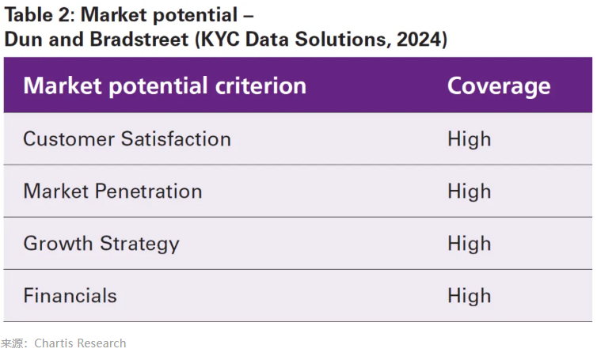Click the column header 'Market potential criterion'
[165, 85]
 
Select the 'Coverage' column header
[499, 86]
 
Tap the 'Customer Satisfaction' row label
[127, 138]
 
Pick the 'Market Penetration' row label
[112, 191]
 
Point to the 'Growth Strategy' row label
[101, 244]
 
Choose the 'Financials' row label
[70, 296]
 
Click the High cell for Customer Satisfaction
[469, 139]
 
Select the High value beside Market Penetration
[469, 191]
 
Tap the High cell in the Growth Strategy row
[469, 244]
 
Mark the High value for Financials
[469, 296]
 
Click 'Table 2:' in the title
[40, 15]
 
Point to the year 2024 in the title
[418, 40]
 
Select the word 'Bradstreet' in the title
[139, 40]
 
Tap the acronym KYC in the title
[220, 40]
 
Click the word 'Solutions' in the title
[343, 40]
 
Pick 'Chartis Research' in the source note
[80, 343]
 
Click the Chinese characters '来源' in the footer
[12, 343]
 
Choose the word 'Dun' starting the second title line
[23, 40]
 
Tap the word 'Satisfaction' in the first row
[176, 138]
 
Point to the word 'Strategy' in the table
[139, 244]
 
